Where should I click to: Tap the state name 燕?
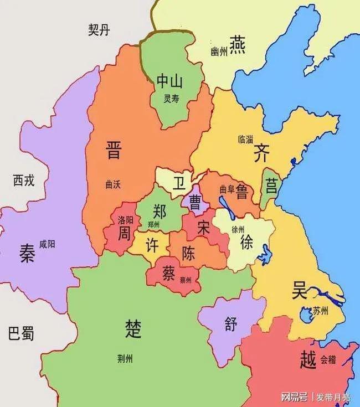point(238,43)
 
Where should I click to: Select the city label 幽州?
point(219,51)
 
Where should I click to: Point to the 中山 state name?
point(169,81)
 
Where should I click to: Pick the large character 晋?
point(113,150)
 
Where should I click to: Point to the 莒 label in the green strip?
point(271,185)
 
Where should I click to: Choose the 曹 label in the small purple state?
point(195,202)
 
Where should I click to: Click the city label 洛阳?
point(126,219)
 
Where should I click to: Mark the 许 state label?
point(152,244)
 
